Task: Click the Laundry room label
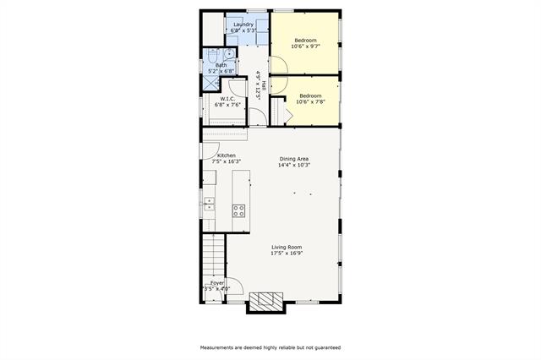tap(243, 25)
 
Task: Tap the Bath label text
tap(221, 65)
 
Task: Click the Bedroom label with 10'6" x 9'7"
tap(305, 41)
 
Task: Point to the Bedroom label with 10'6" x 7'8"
tap(311, 96)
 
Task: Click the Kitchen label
tap(226, 155)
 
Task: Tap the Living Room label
tap(287, 247)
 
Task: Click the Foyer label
tap(217, 283)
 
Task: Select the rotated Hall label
tap(265, 85)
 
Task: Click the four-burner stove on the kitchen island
tap(239, 210)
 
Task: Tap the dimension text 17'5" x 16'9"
tap(287, 253)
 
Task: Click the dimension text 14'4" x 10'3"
tap(295, 165)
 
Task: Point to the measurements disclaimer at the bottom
tap(270, 347)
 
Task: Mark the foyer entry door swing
tap(236, 286)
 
